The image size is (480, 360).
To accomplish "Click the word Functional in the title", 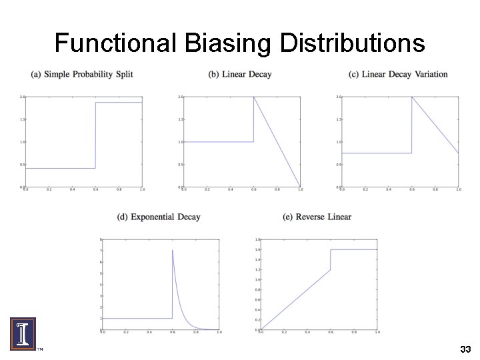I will point(114,44).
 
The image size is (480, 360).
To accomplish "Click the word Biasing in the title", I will point(227,44).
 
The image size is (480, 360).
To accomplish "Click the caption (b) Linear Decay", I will point(240,74).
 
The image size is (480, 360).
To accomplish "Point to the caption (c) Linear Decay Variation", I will point(398,74).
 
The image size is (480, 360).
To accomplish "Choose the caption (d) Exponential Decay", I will point(158,217).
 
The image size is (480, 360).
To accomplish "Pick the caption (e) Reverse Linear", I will point(317,217).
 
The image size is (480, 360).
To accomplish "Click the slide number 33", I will point(465,349).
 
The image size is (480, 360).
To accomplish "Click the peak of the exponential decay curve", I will point(173,251).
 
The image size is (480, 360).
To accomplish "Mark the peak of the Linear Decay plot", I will point(253,97).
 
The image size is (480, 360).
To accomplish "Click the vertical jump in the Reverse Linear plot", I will point(331,259).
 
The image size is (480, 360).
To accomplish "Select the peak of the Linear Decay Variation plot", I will point(412,97).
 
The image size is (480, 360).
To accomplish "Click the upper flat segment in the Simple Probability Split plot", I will point(119,103).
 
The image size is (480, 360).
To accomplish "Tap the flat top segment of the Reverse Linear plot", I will point(353,249).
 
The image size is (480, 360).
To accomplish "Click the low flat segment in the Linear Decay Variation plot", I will point(377,153).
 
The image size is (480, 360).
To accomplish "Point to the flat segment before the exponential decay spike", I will point(137,318).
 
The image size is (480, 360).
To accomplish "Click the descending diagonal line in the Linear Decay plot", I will point(277,142).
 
